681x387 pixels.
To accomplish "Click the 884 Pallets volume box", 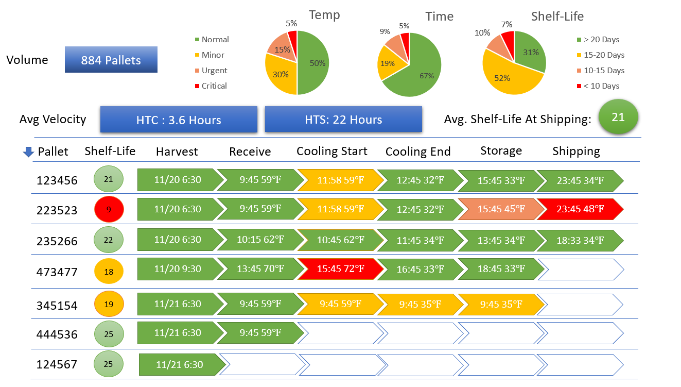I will (111, 60).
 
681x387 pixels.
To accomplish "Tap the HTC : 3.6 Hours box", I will (179, 120).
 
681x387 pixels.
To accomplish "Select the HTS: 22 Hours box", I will (343, 120).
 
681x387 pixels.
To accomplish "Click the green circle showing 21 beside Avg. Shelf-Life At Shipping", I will (618, 117).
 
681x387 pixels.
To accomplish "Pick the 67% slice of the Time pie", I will (420, 72).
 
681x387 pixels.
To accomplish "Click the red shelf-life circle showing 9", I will (109, 209).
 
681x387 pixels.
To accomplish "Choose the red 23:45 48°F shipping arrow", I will (579, 209).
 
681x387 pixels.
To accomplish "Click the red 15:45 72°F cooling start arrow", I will (340, 268).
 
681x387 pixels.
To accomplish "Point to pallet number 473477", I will (57, 272).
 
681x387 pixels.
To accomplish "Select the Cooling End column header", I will (417, 152).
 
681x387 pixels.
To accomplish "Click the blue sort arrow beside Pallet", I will (28, 152).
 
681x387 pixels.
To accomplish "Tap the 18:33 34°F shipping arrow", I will (579, 240).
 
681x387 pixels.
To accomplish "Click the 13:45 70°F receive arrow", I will (260, 268).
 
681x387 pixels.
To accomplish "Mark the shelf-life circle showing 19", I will (109, 304).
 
